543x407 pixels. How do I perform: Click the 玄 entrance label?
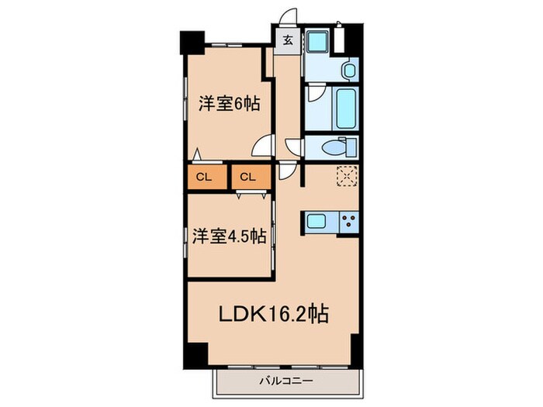pyautogui.click(x=288, y=40)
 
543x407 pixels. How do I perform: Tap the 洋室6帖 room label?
pyautogui.click(x=230, y=103)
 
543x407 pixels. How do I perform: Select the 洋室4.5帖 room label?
pyautogui.click(x=230, y=236)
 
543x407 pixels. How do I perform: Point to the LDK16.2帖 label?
pyautogui.click(x=274, y=313)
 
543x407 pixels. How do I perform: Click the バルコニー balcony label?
pyautogui.click(x=286, y=381)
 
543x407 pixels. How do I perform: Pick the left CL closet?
pyautogui.click(x=207, y=177)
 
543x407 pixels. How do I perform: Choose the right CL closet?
pyautogui.click(x=251, y=177)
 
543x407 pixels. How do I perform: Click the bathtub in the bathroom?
pyautogui.click(x=346, y=109)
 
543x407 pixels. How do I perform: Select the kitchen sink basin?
pyautogui.click(x=316, y=221)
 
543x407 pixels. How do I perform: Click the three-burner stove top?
pyautogui.click(x=349, y=222)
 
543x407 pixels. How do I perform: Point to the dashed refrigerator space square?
pyautogui.click(x=347, y=177)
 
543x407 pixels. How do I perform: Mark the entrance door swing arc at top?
pyautogui.click(x=289, y=16)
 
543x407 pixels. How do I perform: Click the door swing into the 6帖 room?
pyautogui.click(x=263, y=146)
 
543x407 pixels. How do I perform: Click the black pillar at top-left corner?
pyautogui.click(x=192, y=43)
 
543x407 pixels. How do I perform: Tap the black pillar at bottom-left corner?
pyautogui.click(x=195, y=355)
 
